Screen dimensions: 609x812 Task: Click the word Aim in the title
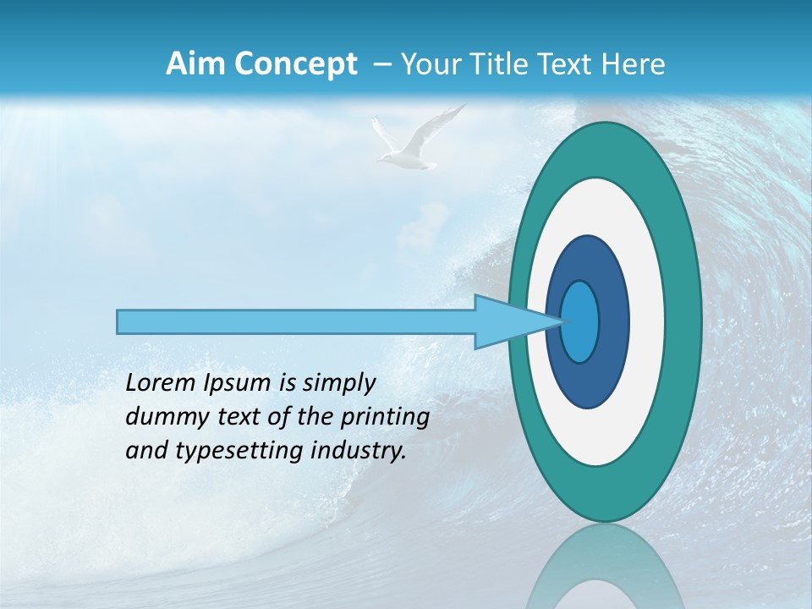tap(194, 64)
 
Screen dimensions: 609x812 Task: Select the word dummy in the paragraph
tap(163, 417)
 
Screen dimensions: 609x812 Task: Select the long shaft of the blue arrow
tap(296, 321)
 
